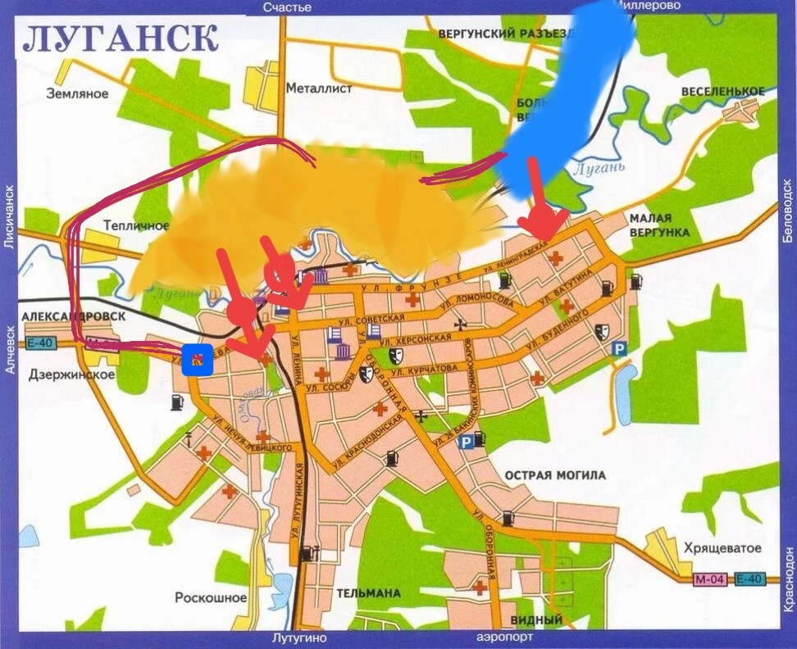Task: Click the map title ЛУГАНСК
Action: (121, 38)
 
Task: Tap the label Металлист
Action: (319, 88)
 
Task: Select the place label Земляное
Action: (77, 93)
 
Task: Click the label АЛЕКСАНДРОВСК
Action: (74, 316)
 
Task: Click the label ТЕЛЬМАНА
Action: (368, 592)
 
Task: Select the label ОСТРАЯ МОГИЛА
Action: (555, 475)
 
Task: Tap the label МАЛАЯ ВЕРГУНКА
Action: (659, 225)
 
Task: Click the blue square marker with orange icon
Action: (198, 359)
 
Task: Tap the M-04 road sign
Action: (710, 579)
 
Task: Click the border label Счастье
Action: (287, 7)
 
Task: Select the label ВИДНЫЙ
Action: (536, 620)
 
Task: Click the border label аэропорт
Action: (503, 638)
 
